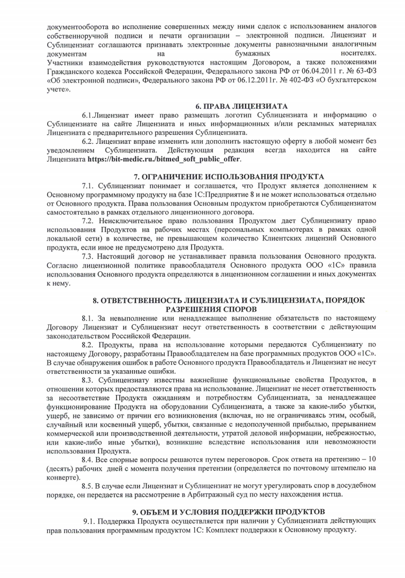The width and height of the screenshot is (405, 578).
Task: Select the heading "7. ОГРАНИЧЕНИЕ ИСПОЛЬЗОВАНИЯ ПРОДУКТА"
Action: click(229, 176)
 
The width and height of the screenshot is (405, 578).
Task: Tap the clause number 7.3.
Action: click(88, 256)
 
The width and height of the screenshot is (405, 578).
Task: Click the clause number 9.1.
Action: click(91, 521)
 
